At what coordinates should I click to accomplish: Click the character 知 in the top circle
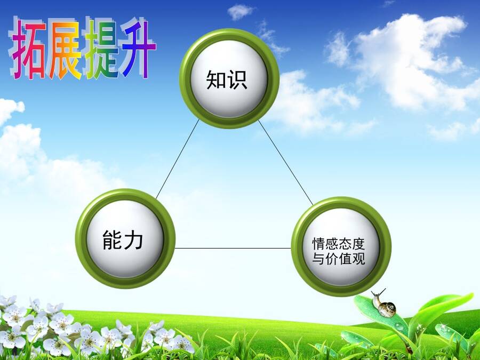216,79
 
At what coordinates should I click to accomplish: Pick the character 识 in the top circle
237,79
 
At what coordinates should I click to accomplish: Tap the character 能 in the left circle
112,239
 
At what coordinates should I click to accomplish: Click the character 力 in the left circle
133,239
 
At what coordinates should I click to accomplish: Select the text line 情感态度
338,244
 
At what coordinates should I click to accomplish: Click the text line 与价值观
338,259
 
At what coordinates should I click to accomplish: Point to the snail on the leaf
383,303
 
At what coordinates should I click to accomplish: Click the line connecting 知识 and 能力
177,159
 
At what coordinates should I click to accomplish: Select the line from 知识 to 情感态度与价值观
286,162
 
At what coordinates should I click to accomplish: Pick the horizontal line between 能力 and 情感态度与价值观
233,248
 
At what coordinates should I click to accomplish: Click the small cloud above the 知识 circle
241,12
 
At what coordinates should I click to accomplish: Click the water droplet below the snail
399,326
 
